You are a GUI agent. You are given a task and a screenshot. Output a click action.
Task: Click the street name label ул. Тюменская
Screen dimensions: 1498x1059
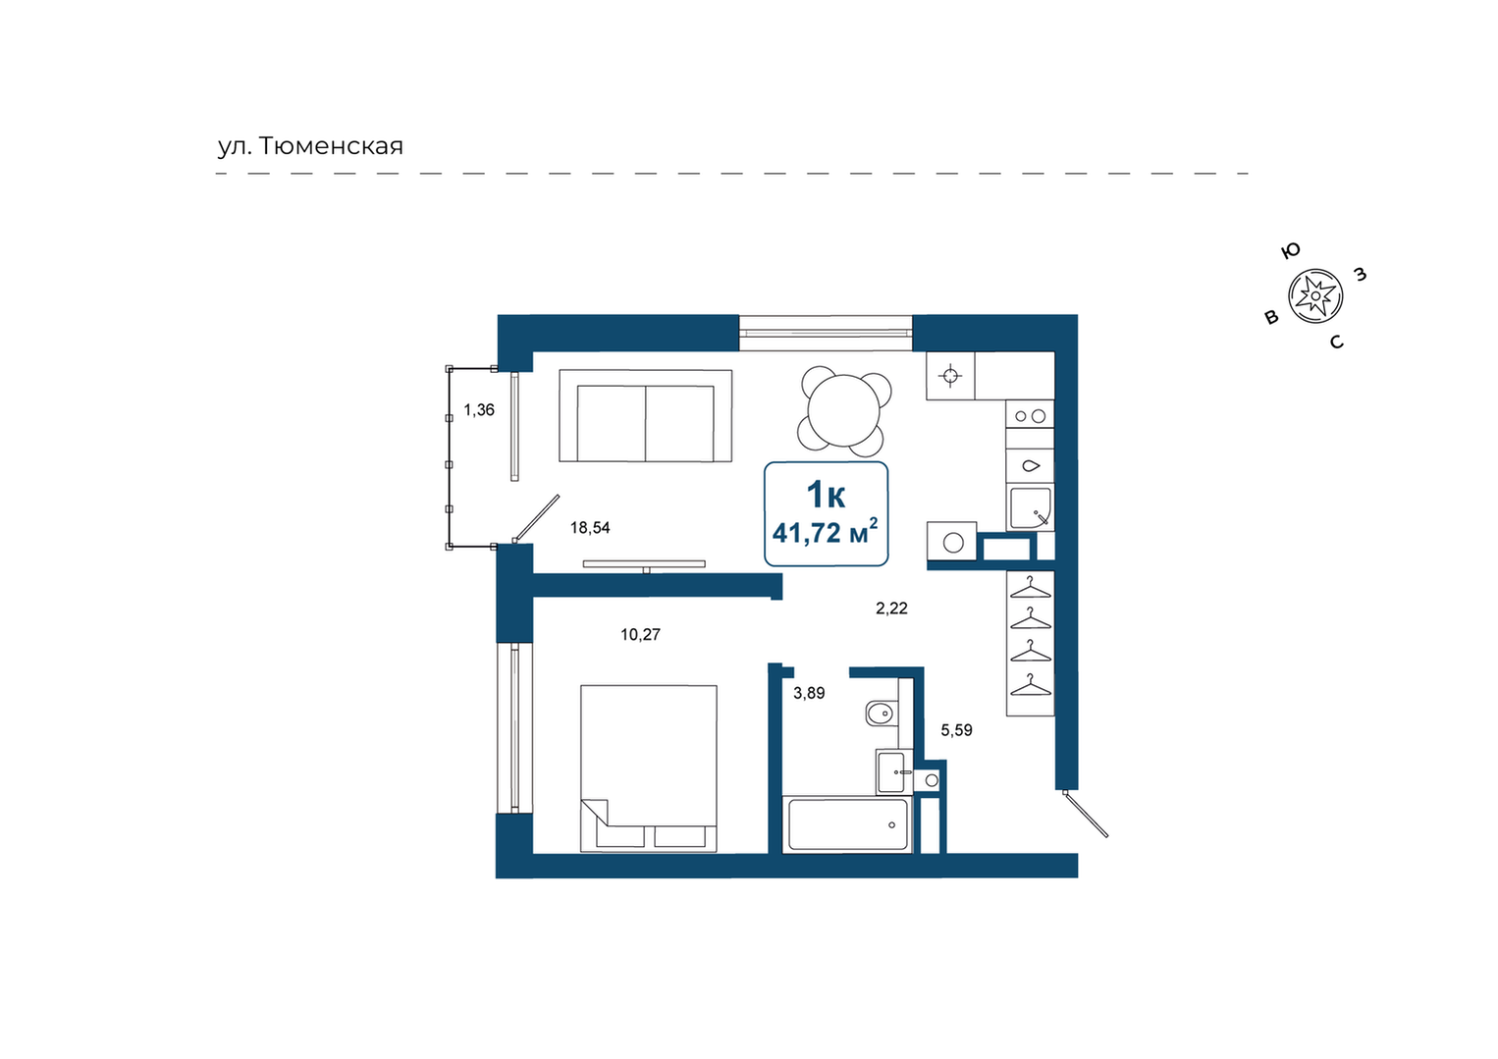coord(310,145)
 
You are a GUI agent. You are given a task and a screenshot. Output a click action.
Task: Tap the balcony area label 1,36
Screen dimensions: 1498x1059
coord(479,410)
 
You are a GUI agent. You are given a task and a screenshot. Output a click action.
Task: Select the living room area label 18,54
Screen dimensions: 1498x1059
coord(590,528)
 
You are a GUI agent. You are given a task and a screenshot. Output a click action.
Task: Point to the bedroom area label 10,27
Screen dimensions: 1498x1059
coord(640,634)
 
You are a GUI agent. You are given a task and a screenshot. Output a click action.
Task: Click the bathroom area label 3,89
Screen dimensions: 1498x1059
coord(809,693)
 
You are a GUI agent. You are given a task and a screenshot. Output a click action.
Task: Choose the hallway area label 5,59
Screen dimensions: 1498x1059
coord(956,730)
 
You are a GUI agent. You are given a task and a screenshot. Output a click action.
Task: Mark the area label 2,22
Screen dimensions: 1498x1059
coord(891,608)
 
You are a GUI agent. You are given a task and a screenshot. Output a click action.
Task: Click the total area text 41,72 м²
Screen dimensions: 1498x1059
coord(826,533)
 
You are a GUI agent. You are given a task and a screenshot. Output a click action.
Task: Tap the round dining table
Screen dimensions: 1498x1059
coord(844,410)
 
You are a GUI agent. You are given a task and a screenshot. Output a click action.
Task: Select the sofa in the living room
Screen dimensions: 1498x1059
coord(645,416)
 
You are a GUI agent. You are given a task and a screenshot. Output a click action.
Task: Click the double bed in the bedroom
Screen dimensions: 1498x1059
coord(648,768)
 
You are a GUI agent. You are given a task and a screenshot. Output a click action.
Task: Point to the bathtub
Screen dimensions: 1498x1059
coord(847,824)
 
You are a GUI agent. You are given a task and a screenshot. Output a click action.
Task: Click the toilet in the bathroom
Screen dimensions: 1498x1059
coord(881,714)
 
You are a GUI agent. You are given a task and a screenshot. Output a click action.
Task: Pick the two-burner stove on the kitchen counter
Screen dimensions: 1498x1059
coord(1030,416)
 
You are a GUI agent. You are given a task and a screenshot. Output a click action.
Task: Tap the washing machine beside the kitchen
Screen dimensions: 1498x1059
coord(951,541)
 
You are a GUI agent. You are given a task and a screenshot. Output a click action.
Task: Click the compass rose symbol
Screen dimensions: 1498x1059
coord(1315,296)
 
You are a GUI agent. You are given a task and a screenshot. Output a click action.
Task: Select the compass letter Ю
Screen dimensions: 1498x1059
coord(1291,250)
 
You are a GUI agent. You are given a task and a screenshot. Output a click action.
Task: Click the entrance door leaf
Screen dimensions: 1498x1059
coord(1086,814)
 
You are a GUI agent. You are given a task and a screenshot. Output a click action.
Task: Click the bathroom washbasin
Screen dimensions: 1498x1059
coord(891,772)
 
